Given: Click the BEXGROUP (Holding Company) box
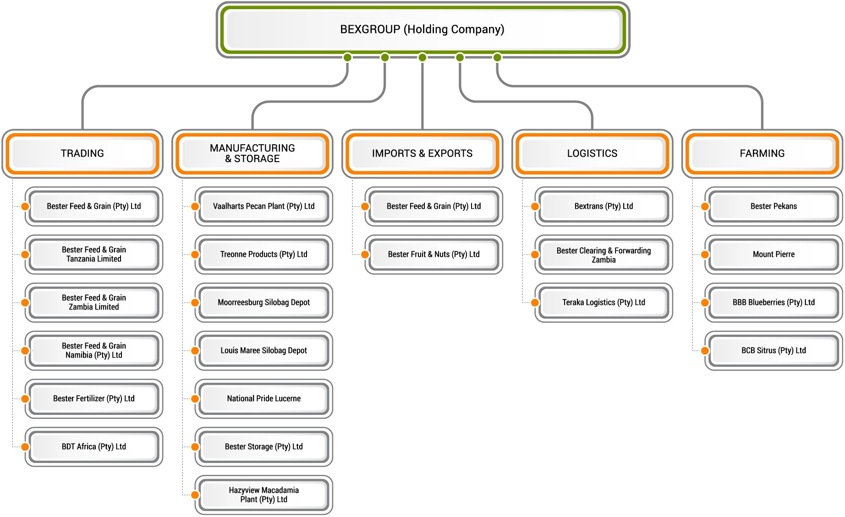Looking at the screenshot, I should click(x=422, y=30).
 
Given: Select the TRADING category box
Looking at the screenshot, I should click(x=82, y=153).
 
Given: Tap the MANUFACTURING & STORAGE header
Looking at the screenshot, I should click(x=252, y=153).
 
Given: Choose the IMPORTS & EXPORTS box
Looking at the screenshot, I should click(x=422, y=153).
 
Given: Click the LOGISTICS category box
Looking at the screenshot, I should click(x=592, y=153).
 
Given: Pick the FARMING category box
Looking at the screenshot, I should click(x=762, y=153).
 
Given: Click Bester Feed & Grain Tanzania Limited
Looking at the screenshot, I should click(x=94, y=254).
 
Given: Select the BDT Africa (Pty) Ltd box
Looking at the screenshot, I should click(x=94, y=446).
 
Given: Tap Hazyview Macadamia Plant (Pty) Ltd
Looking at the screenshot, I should click(x=264, y=495).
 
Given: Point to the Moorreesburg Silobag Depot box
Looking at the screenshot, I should click(x=264, y=302).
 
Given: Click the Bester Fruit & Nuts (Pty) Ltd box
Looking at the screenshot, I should click(x=433, y=254).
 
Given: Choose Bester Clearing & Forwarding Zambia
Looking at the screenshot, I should click(x=604, y=255).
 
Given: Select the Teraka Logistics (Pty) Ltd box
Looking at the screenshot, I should click(x=604, y=302).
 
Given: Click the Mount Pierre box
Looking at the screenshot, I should click(x=774, y=254).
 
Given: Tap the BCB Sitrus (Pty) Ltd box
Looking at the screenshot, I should click(x=774, y=350).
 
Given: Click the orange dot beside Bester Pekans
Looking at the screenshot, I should click(x=705, y=207).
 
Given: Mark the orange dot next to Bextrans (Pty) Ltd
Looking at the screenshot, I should click(x=535, y=207).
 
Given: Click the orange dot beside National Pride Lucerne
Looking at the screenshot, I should click(x=195, y=399).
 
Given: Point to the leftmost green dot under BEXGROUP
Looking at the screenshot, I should click(x=347, y=57).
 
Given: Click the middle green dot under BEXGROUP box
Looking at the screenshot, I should click(x=422, y=57).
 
